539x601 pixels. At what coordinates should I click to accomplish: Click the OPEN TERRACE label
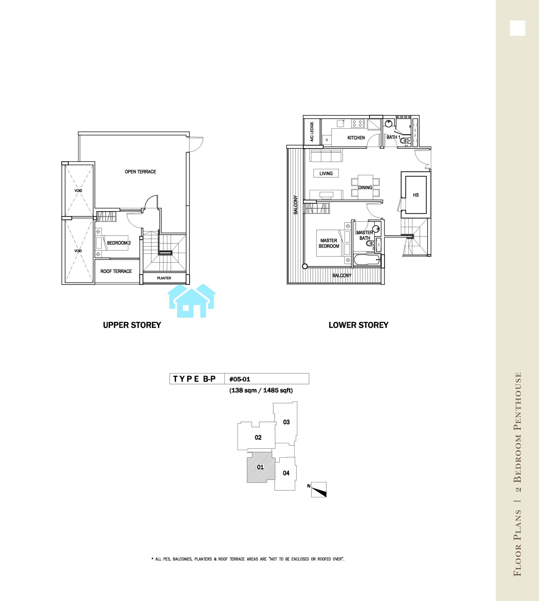(140, 172)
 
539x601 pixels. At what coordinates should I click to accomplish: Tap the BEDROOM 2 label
(119, 243)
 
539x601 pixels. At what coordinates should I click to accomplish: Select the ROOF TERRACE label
(116, 271)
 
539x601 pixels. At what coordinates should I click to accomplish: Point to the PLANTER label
(164, 278)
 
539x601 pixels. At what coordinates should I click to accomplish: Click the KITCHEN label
(356, 138)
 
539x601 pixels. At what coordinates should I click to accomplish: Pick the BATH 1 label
(393, 137)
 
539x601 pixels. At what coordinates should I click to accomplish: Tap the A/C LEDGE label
(312, 132)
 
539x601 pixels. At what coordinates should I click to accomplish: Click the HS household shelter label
(416, 195)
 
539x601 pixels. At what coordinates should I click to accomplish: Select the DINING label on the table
(365, 188)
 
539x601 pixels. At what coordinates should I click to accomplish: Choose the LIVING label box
(326, 173)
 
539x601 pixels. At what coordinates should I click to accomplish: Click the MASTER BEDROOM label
(329, 243)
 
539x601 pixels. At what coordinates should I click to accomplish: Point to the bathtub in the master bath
(367, 260)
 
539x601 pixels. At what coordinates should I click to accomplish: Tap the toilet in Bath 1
(406, 140)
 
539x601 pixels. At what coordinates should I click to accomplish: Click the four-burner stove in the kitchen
(358, 123)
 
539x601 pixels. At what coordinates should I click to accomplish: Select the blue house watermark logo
(192, 300)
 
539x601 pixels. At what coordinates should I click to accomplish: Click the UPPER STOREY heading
(132, 325)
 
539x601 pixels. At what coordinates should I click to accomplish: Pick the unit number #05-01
(240, 379)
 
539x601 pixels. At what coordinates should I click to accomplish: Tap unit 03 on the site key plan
(286, 422)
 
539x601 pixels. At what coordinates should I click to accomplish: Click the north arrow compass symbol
(319, 490)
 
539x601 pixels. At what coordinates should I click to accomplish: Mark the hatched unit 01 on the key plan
(260, 467)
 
